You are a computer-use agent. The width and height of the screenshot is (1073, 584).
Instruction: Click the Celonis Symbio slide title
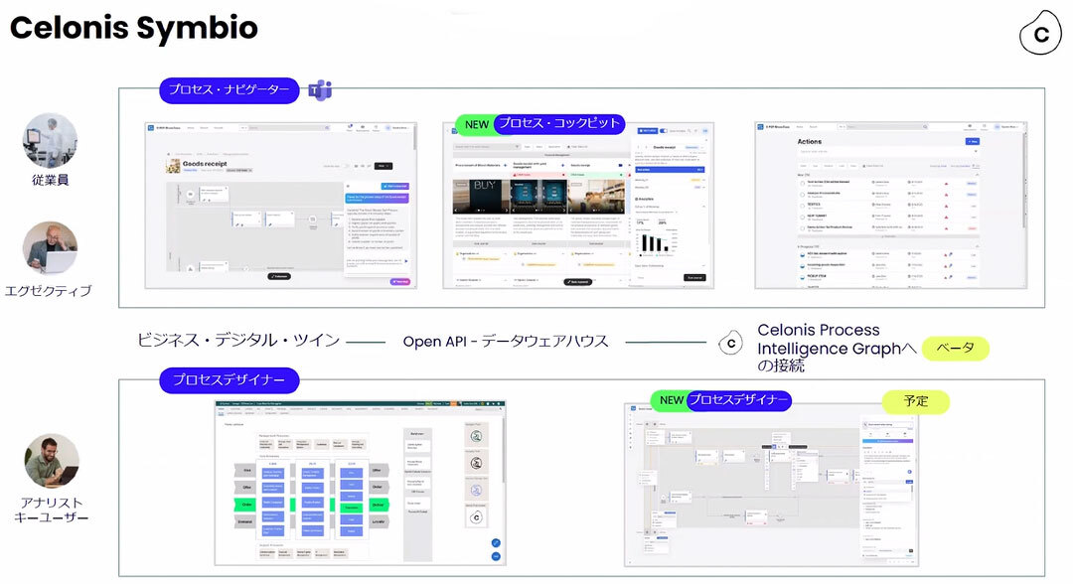point(134,28)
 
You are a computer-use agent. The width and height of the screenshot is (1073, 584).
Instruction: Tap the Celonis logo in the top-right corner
point(1040,34)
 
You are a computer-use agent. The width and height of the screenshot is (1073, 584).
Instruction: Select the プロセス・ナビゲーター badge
point(229,90)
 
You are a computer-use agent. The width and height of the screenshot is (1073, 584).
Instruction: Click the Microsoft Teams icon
point(319,90)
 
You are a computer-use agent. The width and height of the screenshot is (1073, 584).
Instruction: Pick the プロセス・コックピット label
point(559,123)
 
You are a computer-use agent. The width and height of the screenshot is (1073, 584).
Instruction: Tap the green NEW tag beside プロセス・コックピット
point(477,124)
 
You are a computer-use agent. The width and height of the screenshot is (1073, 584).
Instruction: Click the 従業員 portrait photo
point(50,140)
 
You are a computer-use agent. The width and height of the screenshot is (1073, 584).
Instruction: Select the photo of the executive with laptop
point(50,247)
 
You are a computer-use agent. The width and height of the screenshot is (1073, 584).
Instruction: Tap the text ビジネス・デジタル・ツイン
point(238,341)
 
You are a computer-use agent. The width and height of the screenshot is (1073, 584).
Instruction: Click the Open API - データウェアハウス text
point(505,341)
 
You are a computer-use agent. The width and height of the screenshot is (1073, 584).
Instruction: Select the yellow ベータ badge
point(956,349)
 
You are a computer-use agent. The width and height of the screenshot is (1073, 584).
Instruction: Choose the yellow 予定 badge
point(915,401)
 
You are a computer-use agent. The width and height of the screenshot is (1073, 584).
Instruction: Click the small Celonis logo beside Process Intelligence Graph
point(731,343)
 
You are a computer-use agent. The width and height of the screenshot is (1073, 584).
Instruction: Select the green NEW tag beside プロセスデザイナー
point(672,400)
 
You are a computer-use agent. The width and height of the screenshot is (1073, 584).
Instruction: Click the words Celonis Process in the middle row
point(818,330)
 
